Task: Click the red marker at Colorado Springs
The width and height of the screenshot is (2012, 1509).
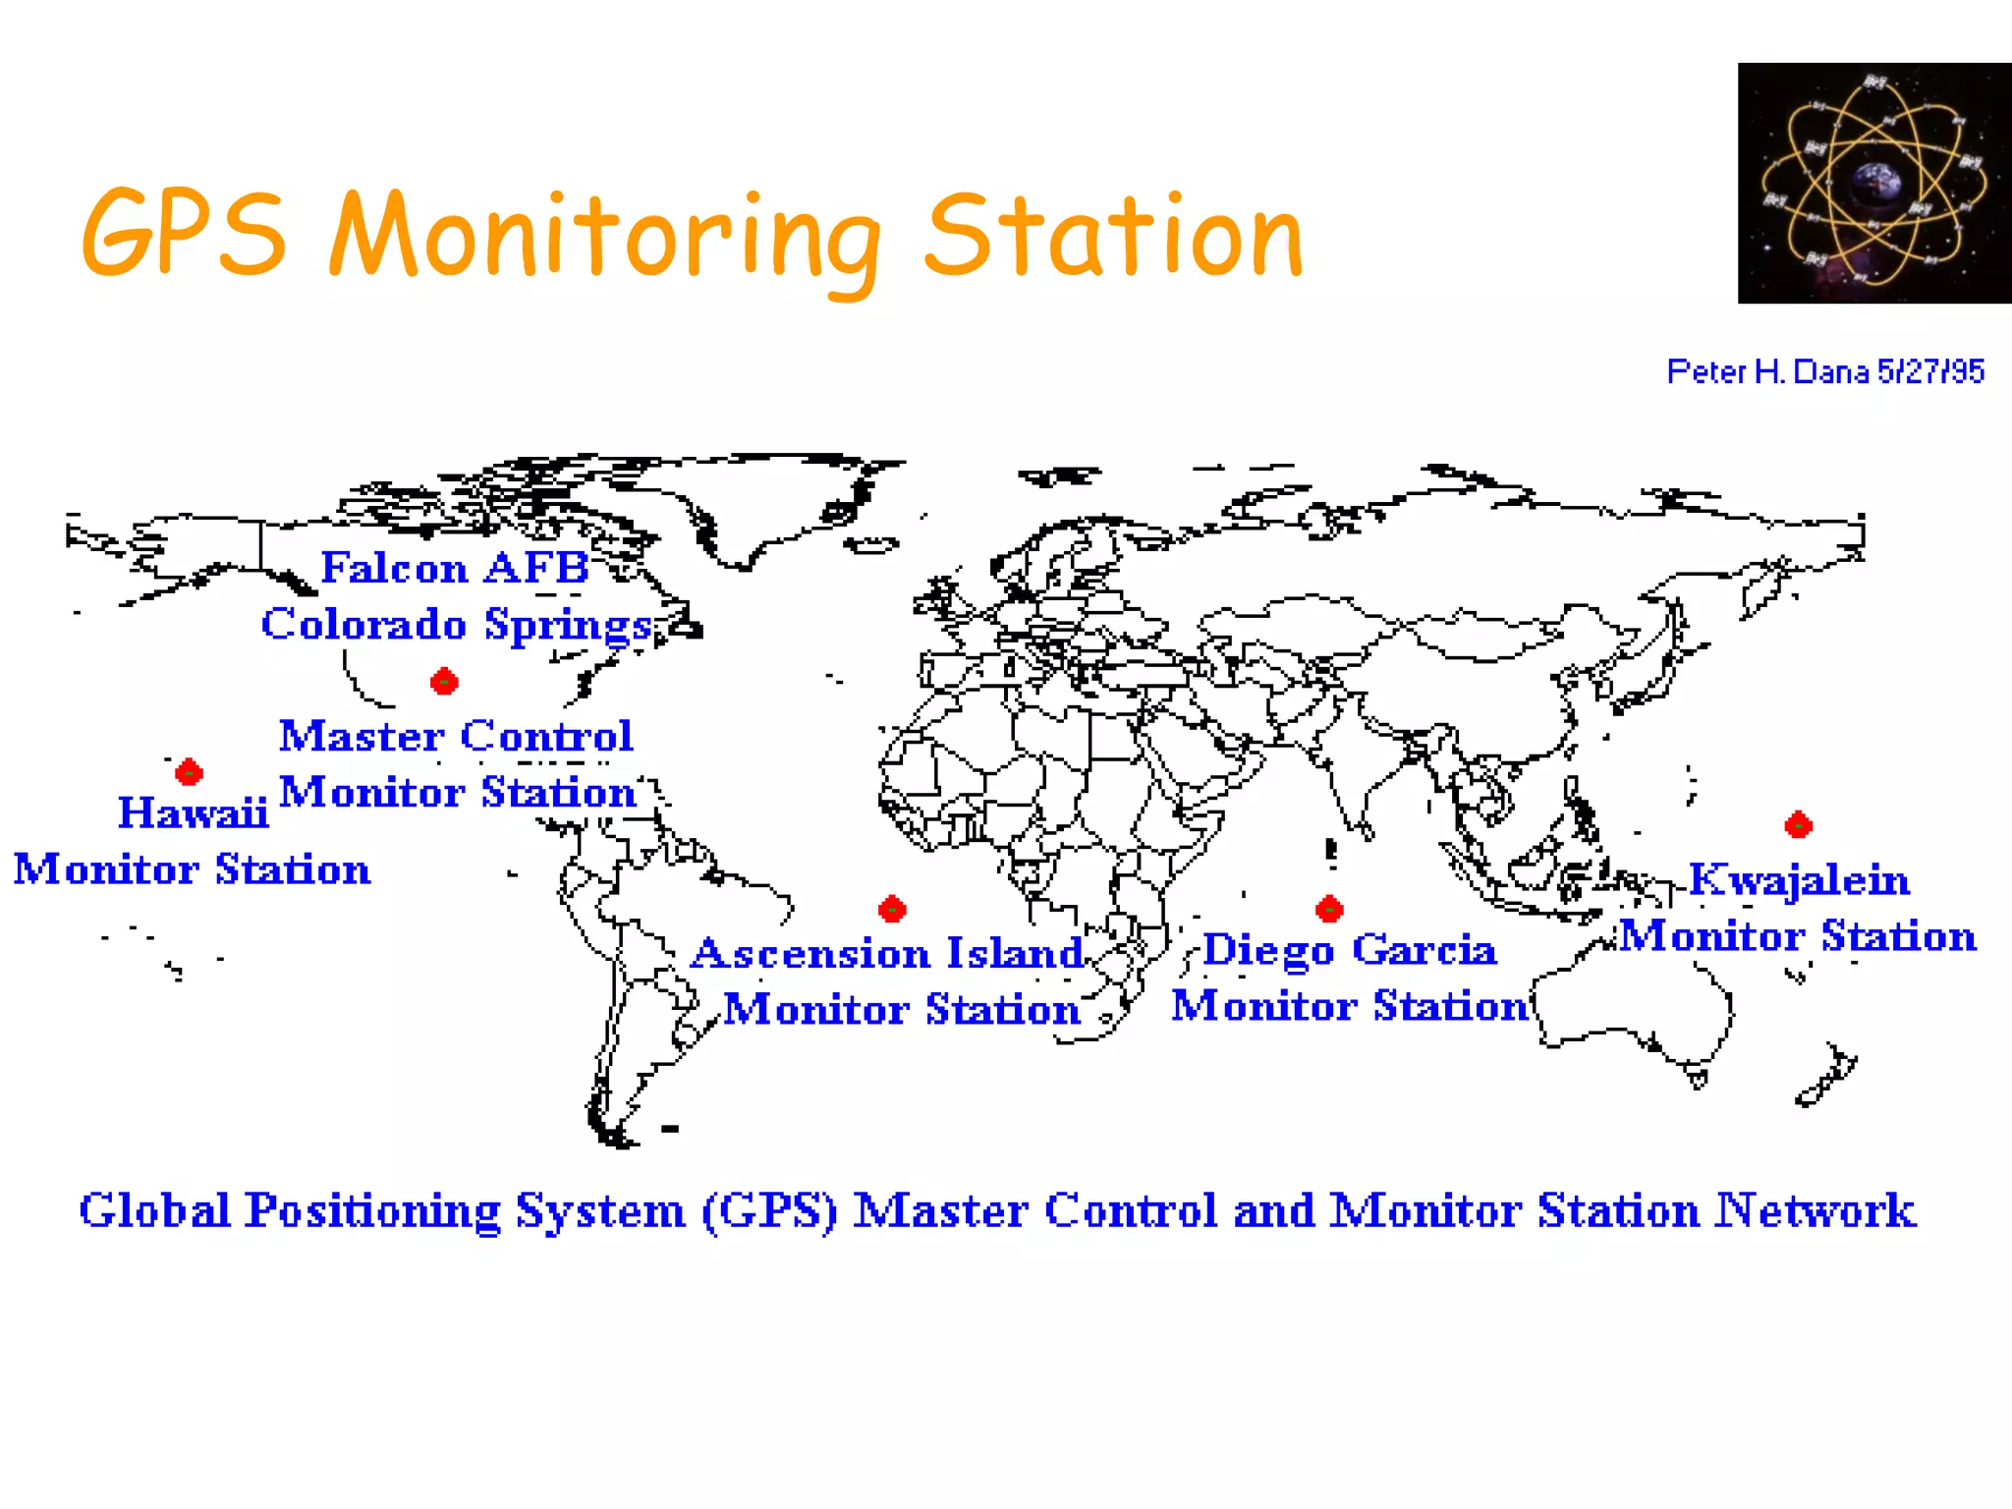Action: [444, 681]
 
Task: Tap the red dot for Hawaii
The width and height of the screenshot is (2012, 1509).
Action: [189, 772]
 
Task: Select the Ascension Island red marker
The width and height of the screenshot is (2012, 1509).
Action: [892, 909]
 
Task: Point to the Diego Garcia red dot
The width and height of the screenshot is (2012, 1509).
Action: [1329, 909]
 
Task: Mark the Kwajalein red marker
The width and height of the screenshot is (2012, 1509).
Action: [1798, 825]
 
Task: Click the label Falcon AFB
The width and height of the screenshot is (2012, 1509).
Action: [455, 568]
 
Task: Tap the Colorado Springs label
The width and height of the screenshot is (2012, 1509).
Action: [457, 625]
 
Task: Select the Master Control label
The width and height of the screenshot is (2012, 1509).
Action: [456, 736]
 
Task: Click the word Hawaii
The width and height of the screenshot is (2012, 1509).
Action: [193, 813]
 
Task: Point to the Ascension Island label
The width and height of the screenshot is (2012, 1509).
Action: [886, 953]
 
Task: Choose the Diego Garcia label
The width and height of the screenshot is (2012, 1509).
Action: [1349, 950]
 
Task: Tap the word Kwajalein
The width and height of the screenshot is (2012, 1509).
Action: [1799, 879]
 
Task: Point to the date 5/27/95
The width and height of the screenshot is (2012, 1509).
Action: [1930, 371]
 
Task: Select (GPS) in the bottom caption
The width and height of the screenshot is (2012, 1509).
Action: [769, 1210]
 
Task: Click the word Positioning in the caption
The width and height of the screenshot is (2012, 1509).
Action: [372, 1210]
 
